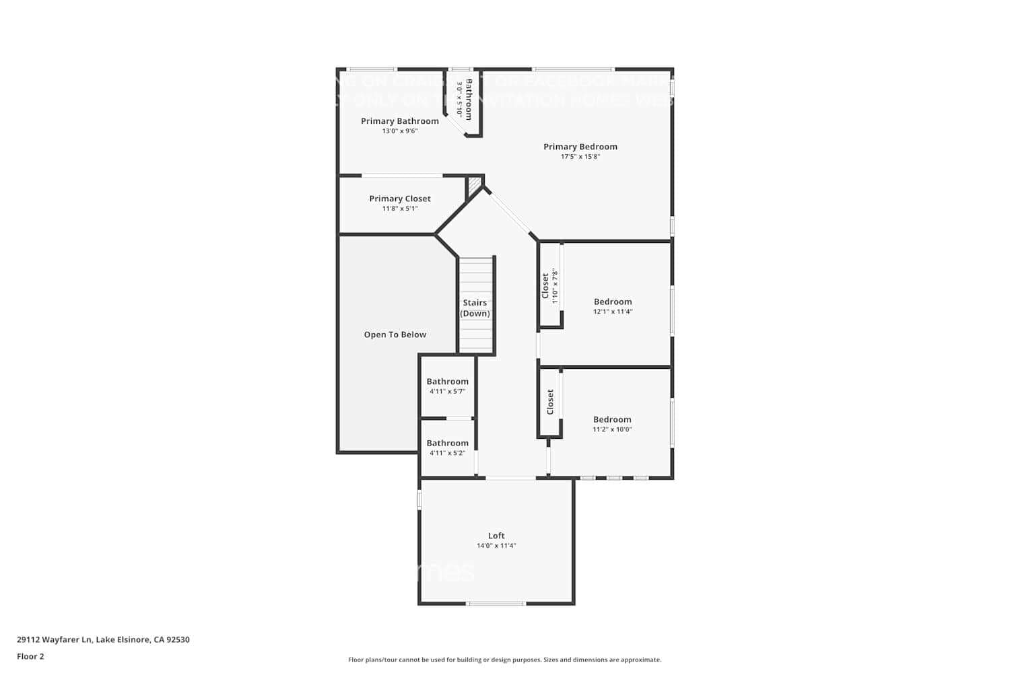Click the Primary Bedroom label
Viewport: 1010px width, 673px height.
click(x=580, y=147)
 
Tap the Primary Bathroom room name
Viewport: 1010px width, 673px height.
click(x=399, y=121)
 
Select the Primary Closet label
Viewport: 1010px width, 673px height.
click(x=399, y=199)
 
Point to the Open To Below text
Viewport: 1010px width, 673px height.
click(x=395, y=334)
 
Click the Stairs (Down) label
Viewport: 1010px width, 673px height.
click(x=475, y=308)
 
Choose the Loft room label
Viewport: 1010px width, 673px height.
click(x=496, y=536)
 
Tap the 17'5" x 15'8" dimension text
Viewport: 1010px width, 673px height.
click(x=580, y=157)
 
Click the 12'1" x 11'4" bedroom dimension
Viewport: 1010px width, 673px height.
click(x=613, y=312)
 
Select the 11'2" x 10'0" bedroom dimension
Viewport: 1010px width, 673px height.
click(x=612, y=429)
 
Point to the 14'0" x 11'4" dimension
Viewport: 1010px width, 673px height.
click(x=496, y=546)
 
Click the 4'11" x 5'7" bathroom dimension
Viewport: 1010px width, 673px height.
click(x=447, y=392)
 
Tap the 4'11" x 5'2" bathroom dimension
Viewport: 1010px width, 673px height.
click(x=447, y=453)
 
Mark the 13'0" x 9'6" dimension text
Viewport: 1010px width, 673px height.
click(x=399, y=131)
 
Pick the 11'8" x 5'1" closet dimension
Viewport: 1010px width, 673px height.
click(x=399, y=209)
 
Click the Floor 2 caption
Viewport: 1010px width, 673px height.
click(x=30, y=656)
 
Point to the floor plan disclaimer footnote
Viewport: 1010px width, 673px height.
click(x=504, y=660)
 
